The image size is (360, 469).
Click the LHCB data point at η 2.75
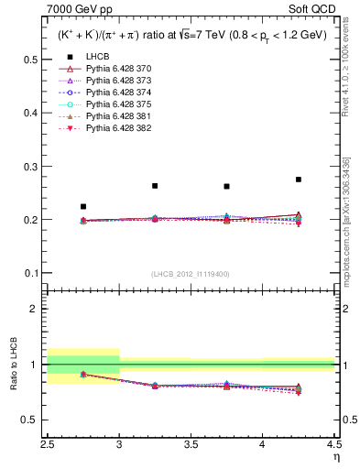click(83, 207)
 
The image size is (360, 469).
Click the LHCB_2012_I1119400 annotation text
click(191, 274)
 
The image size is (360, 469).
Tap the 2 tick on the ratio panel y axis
click(38, 309)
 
